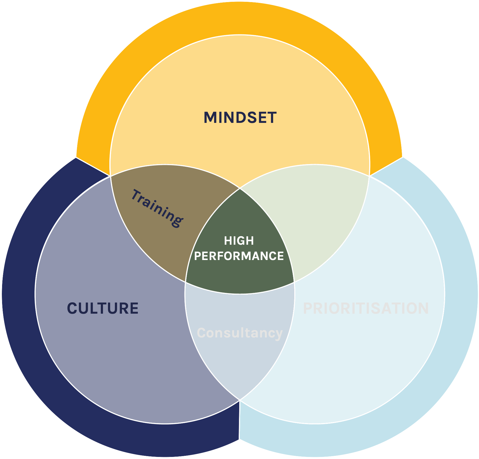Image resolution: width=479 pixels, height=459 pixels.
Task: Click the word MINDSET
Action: tap(240, 118)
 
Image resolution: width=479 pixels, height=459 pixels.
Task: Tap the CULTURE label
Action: tap(103, 308)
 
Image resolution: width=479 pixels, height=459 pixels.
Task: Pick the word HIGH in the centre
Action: tap(239, 241)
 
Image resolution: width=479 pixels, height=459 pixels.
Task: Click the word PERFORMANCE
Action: tap(239, 256)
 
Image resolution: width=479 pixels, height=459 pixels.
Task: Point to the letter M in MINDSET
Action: tap(210, 118)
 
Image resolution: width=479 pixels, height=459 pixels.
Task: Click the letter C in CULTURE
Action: tap(72, 308)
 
